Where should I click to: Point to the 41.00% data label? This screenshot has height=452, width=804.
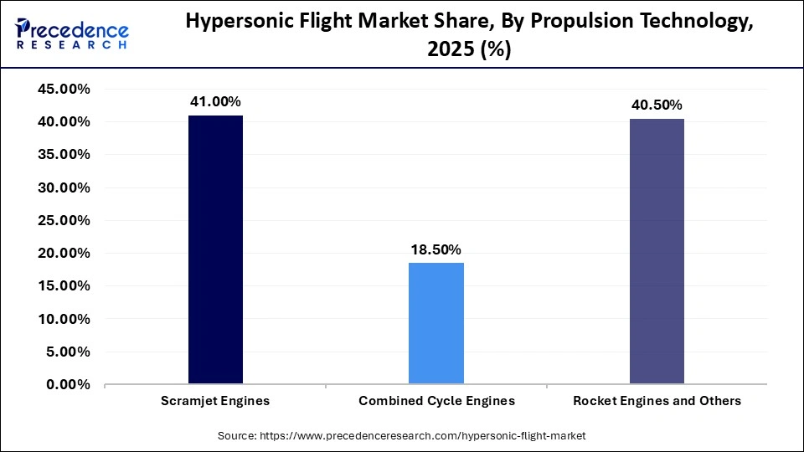point(215,102)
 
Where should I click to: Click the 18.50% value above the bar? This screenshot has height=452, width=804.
point(435,249)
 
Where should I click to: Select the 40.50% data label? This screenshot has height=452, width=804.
point(657,105)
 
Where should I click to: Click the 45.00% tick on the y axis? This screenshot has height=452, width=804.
point(63,90)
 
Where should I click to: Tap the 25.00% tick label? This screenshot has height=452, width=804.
point(63,221)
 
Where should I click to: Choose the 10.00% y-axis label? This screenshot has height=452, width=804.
point(63,320)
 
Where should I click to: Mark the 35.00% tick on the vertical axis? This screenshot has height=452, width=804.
point(63,155)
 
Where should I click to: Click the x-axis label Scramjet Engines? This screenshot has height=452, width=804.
point(215,401)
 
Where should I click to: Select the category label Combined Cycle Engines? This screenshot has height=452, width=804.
point(436,401)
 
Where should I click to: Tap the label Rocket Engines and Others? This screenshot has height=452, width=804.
point(657,401)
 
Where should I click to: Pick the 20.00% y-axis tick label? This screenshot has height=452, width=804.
point(63,254)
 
